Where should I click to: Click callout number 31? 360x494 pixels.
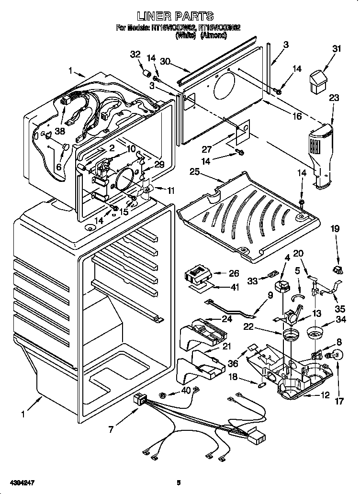(x=337, y=48)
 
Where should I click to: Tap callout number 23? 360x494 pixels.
(x=334, y=98)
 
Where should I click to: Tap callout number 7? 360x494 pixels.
(x=111, y=429)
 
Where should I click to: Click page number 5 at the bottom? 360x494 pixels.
(x=179, y=483)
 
